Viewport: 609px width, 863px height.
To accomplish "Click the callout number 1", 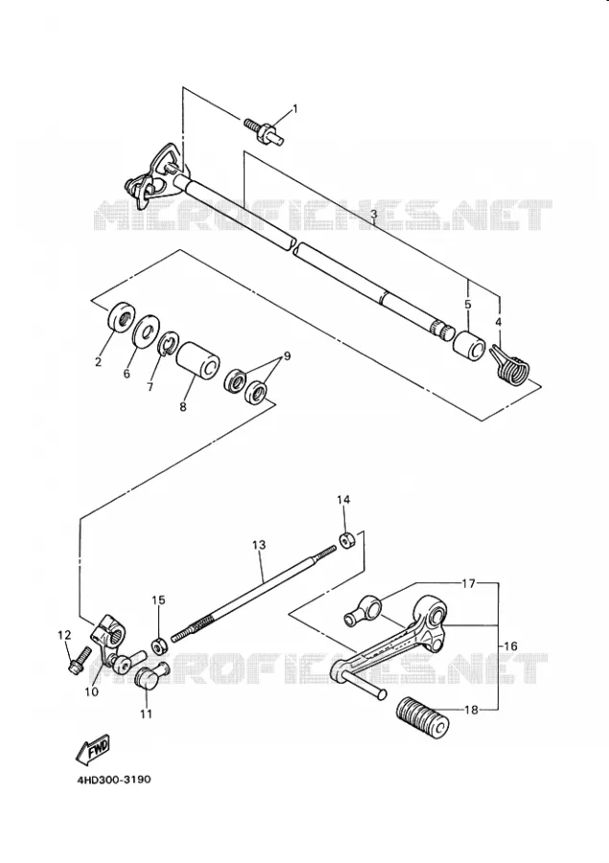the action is [x=294, y=109].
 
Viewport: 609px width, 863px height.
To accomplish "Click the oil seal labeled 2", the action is [x=121, y=319].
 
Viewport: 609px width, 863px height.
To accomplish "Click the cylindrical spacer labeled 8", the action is [x=199, y=362].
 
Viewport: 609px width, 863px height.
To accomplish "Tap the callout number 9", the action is [x=287, y=356].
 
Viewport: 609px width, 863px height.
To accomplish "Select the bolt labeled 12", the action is [x=80, y=661].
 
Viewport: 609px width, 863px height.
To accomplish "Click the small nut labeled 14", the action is [x=347, y=540].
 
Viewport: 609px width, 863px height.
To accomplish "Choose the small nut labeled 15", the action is [x=160, y=645].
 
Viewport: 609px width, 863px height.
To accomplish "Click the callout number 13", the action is [x=259, y=545].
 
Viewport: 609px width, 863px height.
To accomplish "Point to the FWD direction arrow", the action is [x=92, y=749].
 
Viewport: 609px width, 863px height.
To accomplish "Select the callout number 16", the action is [x=510, y=645].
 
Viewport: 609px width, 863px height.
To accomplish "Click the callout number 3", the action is [x=373, y=213].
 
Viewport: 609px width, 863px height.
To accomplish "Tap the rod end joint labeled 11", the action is [x=151, y=675].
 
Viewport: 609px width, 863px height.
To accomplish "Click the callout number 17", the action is [x=468, y=583].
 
